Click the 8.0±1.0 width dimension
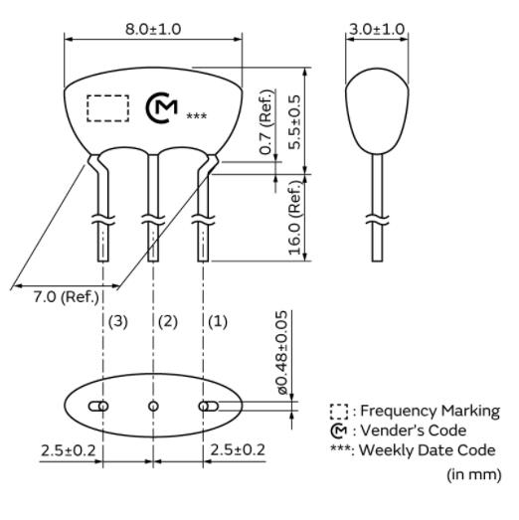(153, 29)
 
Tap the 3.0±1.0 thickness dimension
(377, 29)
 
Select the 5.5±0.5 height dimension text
(294, 122)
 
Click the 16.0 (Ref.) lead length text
(295, 218)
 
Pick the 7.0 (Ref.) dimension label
(66, 297)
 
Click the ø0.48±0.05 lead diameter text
(282, 353)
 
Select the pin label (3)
(118, 322)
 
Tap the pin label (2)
(168, 322)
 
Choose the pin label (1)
(218, 322)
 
